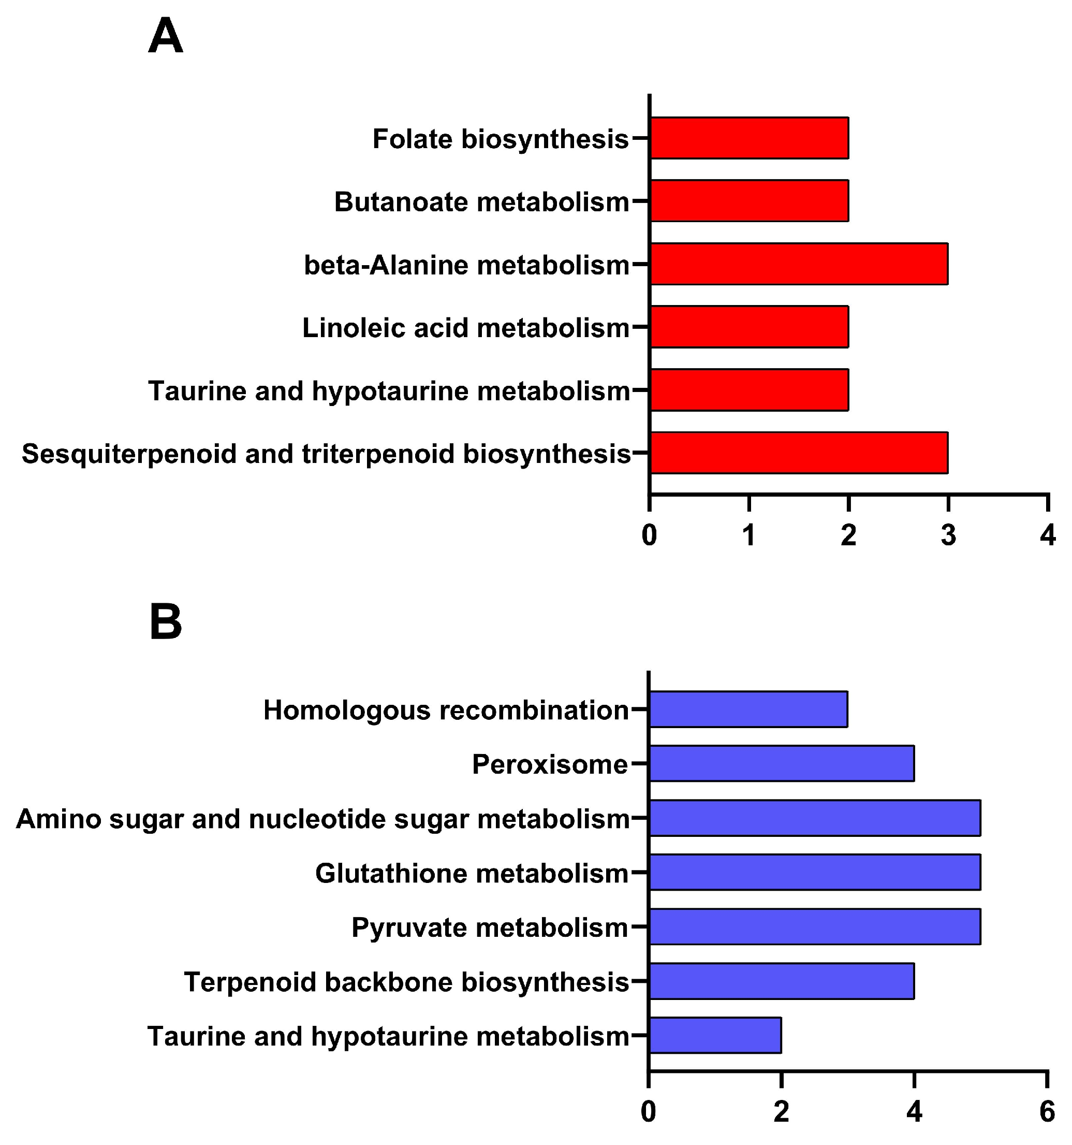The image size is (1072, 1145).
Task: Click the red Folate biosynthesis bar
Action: pos(749,138)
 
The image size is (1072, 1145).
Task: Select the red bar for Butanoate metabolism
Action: pos(749,201)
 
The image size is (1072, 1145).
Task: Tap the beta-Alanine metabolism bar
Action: pos(799,264)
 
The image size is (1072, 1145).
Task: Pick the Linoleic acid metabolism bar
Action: pos(749,327)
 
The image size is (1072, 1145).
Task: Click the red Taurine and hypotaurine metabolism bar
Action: pos(749,390)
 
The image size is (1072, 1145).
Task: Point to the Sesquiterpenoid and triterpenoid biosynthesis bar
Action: pos(799,453)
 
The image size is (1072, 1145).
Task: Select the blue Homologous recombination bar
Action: pos(748,709)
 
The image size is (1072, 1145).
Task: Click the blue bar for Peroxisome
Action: pos(782,764)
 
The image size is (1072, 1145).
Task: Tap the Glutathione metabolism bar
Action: pos(815,872)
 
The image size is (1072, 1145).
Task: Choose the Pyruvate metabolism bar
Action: pos(815,926)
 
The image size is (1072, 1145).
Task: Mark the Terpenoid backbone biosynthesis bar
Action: pos(782,981)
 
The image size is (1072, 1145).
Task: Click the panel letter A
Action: pos(166,36)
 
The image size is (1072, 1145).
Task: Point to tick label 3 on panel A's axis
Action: pos(948,535)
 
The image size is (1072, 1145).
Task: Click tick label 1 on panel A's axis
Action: pos(749,535)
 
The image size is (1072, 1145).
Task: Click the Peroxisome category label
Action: pos(550,764)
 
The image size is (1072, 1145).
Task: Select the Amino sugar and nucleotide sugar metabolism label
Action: pos(323,818)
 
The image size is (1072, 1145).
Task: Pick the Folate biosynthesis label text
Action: pos(501,139)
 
